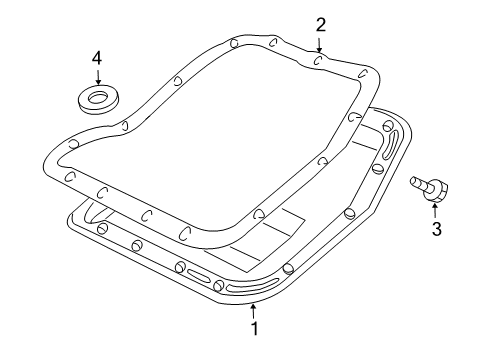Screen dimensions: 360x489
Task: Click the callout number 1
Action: pos(254,327)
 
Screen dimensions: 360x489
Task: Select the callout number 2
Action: pos(320,24)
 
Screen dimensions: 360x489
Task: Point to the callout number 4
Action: pos(97,59)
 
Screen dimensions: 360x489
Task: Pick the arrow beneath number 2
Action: pos(320,44)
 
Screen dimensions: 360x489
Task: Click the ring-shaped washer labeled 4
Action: pos(98,100)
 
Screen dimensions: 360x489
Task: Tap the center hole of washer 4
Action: pos(98,97)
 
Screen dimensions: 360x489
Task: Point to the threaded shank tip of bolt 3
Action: pos(413,181)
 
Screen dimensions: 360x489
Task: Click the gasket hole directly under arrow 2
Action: pos(318,61)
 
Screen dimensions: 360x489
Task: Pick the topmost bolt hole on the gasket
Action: pos(231,43)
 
